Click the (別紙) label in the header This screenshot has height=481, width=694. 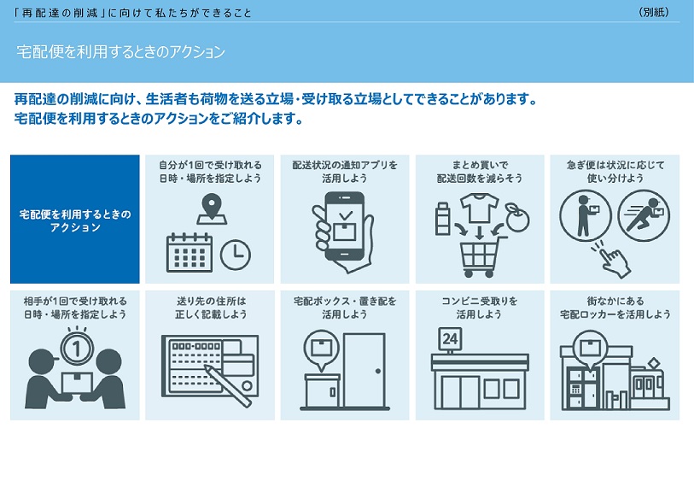pyautogui.click(x=654, y=13)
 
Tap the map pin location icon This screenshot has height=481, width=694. pyautogui.click(x=212, y=209)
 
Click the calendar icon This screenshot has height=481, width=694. pyautogui.click(x=190, y=252)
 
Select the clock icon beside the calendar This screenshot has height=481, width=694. pyautogui.click(x=236, y=255)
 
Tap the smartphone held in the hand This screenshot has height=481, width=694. pyautogui.click(x=345, y=226)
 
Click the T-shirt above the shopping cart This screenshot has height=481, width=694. pyautogui.click(x=480, y=208)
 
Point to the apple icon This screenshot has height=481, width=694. pyautogui.click(x=517, y=218)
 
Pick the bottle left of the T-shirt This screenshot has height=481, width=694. pyautogui.click(x=442, y=219)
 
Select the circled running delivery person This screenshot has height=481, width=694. pyautogui.click(x=644, y=215)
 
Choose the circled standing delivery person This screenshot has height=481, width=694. pyautogui.click(x=585, y=215)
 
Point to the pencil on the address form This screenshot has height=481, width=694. pyautogui.click(x=228, y=385)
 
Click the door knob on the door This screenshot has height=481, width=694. pyautogui.click(x=378, y=371)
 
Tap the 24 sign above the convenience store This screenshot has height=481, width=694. pyautogui.click(x=450, y=339)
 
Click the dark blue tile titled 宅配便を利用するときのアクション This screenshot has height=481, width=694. pyautogui.click(x=75, y=220)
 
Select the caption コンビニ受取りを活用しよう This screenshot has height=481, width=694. pyautogui.click(x=480, y=308)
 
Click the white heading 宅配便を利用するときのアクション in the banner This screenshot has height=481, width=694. pyautogui.click(x=121, y=52)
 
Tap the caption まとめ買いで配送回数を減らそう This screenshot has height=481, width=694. pyautogui.click(x=480, y=172)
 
